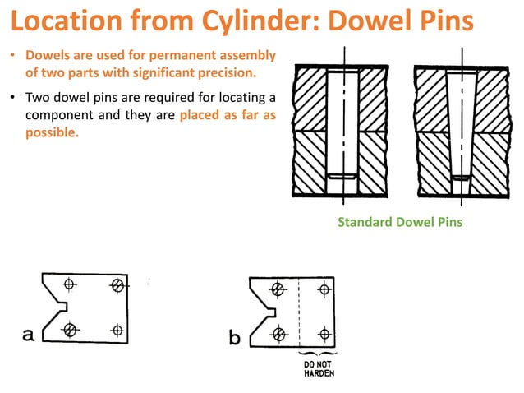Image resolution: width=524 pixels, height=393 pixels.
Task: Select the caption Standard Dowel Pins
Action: tap(400, 222)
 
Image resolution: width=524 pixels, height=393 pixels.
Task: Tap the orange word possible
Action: tap(52, 132)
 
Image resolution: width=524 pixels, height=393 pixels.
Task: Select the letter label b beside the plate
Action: tap(235, 337)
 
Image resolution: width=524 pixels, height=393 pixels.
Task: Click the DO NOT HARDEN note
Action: tap(319, 367)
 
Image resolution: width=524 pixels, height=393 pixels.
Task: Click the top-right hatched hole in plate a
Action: tap(118, 285)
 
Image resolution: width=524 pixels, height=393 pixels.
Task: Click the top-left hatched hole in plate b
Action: tap(278, 289)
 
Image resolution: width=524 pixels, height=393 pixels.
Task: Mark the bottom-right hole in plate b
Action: tap(324, 334)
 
